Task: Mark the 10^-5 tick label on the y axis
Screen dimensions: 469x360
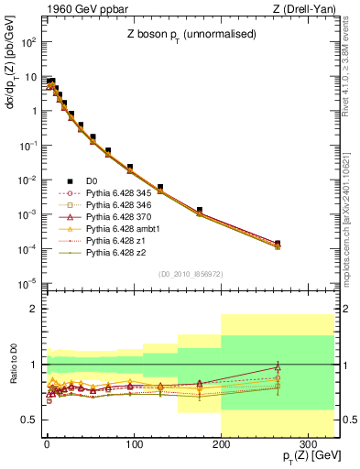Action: (26, 282)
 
